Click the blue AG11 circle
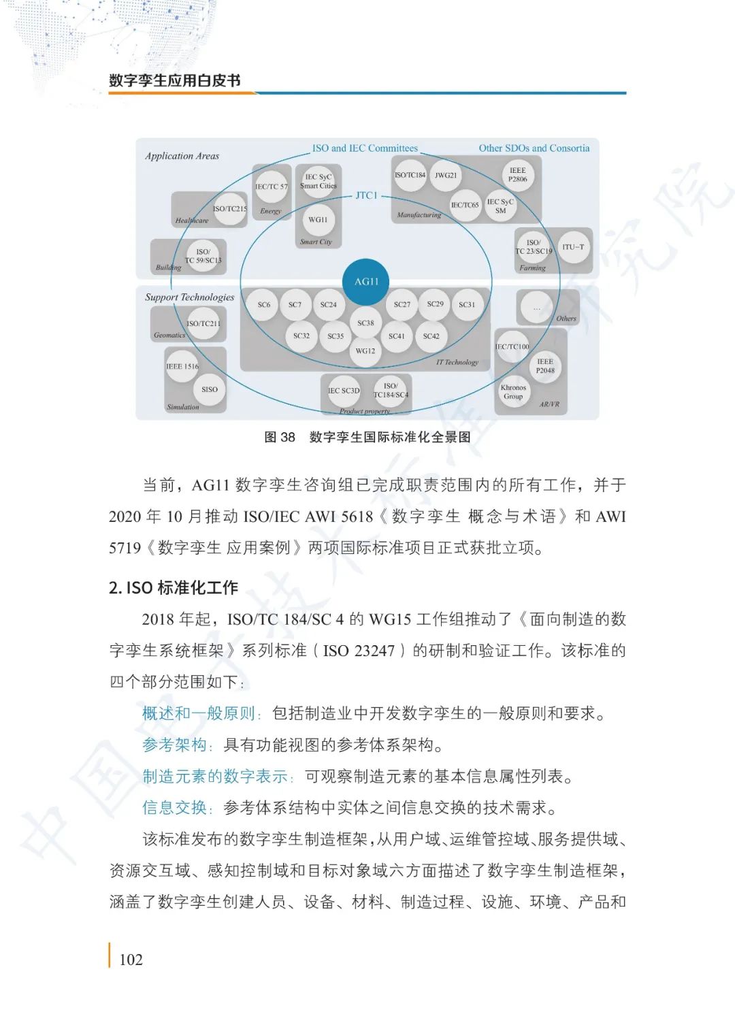point(366,282)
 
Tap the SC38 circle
point(365,323)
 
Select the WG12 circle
point(365,351)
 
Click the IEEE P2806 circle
point(517,175)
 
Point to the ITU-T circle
point(573,247)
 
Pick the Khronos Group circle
point(513,392)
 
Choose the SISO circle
point(210,390)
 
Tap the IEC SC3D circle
point(343,391)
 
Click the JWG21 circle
point(446,176)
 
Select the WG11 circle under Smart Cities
point(318,220)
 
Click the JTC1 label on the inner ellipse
point(366,195)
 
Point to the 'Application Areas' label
point(182,156)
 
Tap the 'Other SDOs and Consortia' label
point(534,148)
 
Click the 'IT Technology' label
point(457,362)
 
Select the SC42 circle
point(431,336)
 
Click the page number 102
point(131,960)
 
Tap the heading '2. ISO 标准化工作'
point(174,587)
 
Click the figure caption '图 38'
point(280,437)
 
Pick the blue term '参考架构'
point(174,745)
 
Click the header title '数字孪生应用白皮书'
point(175,80)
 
